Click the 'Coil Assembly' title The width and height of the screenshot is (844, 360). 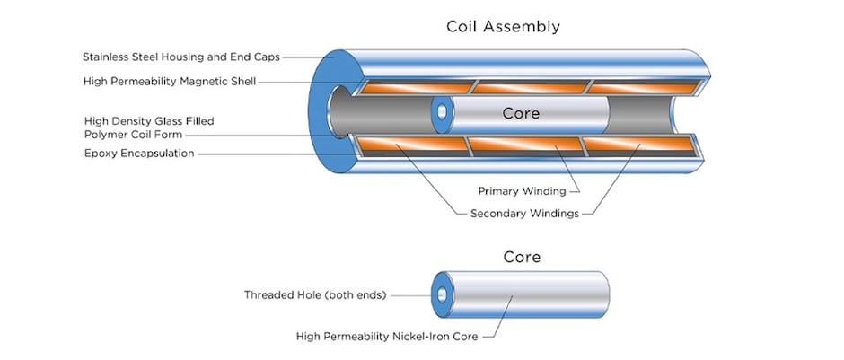tap(503, 26)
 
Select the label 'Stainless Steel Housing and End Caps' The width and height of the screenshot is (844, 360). tap(180, 57)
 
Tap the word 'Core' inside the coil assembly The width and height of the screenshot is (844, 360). tap(521, 115)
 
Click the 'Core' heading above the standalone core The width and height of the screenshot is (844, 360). tap(521, 257)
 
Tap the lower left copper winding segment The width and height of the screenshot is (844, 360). tap(411, 145)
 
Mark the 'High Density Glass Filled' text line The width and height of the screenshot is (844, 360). tap(149, 120)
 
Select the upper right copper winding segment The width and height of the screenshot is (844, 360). tap(642, 87)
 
